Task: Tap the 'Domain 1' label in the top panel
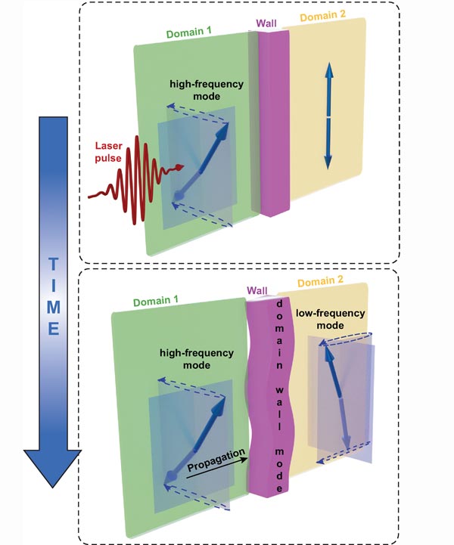pyautogui.click(x=188, y=34)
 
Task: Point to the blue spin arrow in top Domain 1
pyautogui.click(x=200, y=161)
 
